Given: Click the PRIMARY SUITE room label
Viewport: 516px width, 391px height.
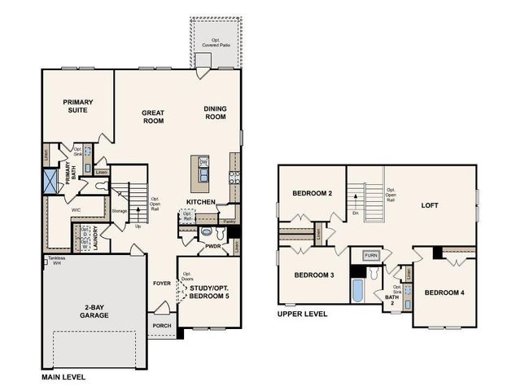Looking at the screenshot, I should point(78,107).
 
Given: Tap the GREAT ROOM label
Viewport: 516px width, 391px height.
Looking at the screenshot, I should point(153,116).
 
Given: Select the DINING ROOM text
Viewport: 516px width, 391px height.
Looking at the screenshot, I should point(215,112).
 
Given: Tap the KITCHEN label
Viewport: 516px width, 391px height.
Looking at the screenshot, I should point(200,201).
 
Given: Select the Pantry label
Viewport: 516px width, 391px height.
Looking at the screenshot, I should point(229,221).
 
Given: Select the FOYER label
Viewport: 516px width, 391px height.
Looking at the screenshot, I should point(160,284).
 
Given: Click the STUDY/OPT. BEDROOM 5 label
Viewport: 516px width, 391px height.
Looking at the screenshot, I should point(210,292).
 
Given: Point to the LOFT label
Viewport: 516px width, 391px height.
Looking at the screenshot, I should point(429,205).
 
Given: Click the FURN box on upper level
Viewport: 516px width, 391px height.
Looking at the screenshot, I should point(371,255).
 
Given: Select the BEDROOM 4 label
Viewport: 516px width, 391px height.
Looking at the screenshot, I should point(444,292).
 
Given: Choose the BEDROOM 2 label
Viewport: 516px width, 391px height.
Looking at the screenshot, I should point(313,193).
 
